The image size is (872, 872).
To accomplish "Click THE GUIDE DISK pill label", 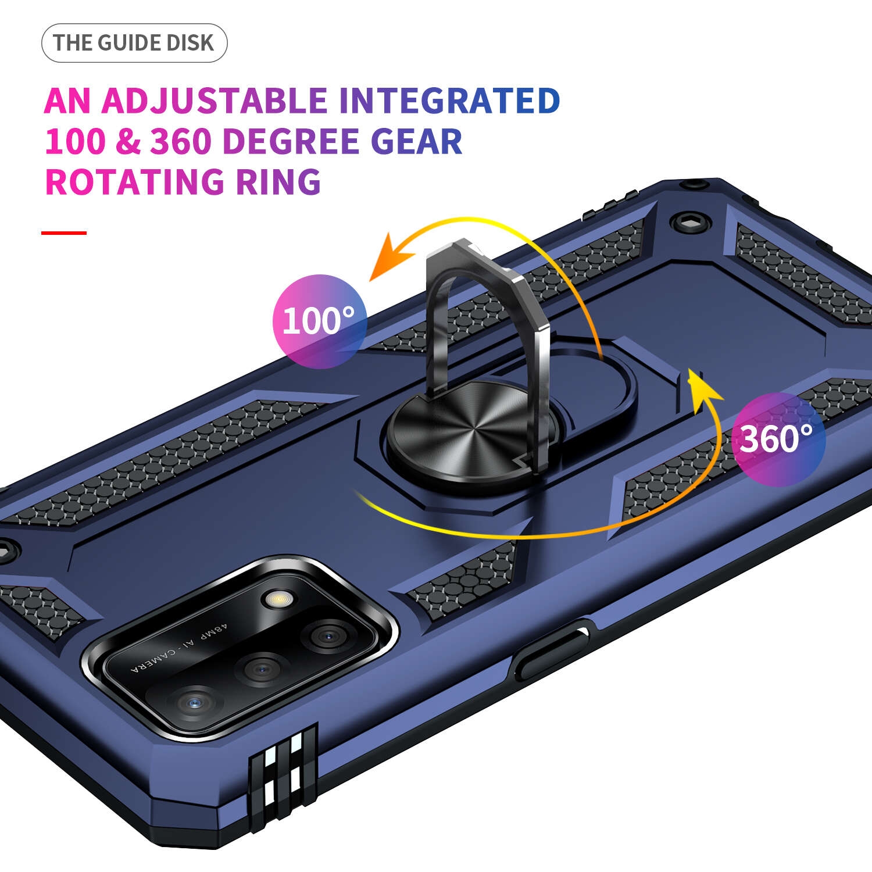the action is pos(134,43).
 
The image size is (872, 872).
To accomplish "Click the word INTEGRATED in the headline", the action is pos(449,101).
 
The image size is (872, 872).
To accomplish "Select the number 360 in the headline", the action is pos(180,141).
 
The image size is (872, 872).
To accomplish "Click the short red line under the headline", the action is pos(64,233).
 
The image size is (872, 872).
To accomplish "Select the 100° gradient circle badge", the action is pos(320,321).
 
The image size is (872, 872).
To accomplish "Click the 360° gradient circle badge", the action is pos(778,439).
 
